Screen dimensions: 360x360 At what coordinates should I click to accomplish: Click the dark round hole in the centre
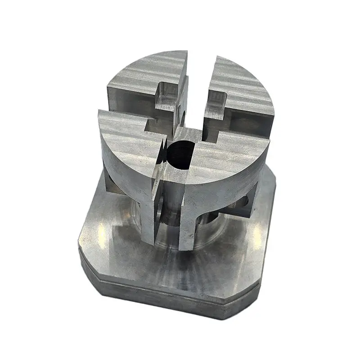click(x=180, y=153)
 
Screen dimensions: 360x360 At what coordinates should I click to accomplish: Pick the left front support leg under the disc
click(x=151, y=216)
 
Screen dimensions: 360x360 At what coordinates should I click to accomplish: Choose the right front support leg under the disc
click(x=187, y=225)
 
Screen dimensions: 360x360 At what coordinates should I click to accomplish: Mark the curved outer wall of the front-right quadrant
click(x=225, y=184)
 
